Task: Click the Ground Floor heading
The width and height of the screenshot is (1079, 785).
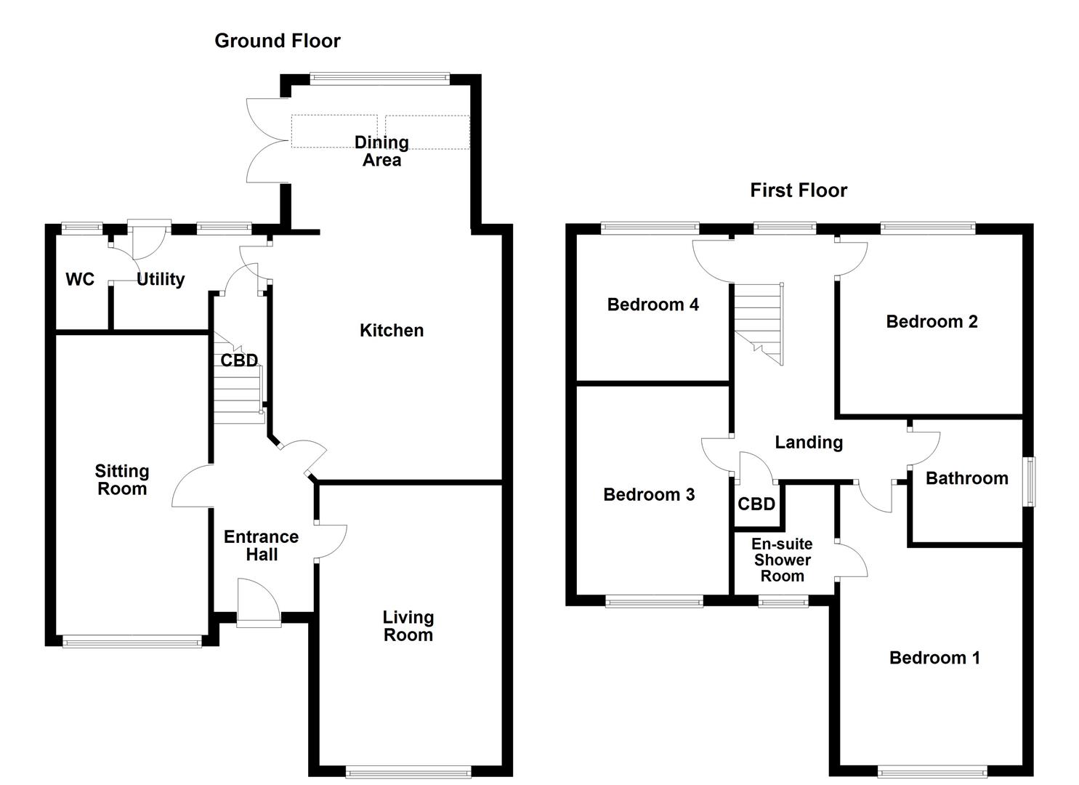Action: [x=277, y=41]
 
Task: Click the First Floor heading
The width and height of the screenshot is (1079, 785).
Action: [x=798, y=190]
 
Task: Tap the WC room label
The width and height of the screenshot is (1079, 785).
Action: [x=80, y=280]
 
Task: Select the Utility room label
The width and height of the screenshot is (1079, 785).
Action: [x=161, y=280]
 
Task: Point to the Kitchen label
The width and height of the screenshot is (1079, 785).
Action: [x=391, y=331]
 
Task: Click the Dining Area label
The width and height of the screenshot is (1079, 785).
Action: [x=381, y=151]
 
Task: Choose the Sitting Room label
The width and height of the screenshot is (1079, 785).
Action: [x=122, y=480]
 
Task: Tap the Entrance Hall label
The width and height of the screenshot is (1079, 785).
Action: [x=261, y=545]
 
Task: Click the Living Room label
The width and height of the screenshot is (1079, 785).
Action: [x=408, y=626]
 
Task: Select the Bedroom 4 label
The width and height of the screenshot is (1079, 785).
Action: [x=652, y=305]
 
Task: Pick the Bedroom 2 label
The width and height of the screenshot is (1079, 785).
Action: [x=932, y=321]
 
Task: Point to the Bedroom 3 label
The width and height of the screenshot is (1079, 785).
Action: [x=649, y=495]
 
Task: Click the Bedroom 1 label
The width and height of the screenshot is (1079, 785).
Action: [x=934, y=658]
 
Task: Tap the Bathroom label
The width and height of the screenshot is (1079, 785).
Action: [x=966, y=478]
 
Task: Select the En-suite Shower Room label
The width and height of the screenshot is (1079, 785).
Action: [x=782, y=560]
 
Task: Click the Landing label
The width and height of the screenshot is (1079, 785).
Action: [x=808, y=443]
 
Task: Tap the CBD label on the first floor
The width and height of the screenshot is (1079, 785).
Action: [x=756, y=504]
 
